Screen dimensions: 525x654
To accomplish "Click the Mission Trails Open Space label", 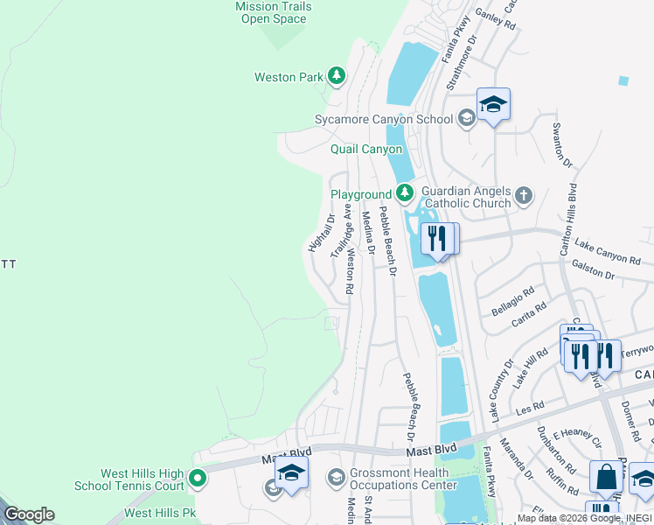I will coord(274,12).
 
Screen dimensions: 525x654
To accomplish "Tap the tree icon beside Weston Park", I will coord(337,77).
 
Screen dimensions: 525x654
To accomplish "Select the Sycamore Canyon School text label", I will coord(384,119).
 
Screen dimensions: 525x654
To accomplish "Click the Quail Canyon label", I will coord(366,150).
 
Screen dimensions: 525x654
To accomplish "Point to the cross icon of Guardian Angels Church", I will coord(524,195).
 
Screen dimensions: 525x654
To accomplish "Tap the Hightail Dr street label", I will coord(321,234).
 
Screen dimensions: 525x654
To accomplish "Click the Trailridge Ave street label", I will coord(341,231).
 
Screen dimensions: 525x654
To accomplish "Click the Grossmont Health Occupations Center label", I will coord(400,479).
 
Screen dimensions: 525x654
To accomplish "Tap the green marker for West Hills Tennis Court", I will coord(197,479).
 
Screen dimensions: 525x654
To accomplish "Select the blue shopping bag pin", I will coord(606,478).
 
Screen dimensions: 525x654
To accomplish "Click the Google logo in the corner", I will coord(29,514).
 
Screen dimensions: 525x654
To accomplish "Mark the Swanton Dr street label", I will coord(561,145).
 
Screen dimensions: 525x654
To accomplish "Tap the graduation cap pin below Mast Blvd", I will coord(292,474).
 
